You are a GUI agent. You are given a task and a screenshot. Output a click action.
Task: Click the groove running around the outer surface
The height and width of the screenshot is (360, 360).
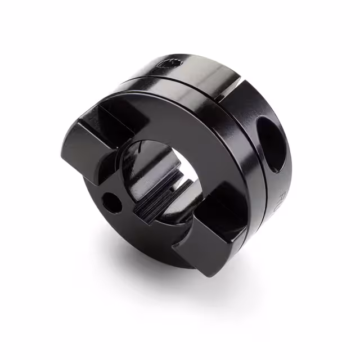tap(186, 84)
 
